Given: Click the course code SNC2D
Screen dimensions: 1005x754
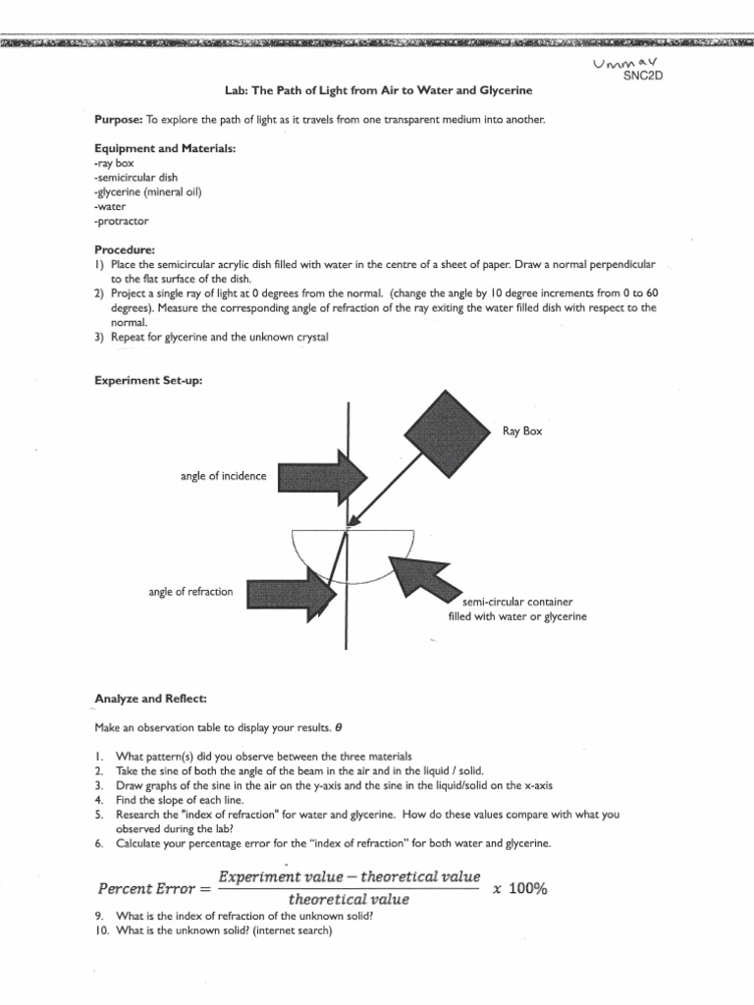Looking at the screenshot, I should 644,78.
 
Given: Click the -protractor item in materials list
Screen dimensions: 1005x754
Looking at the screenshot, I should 123,221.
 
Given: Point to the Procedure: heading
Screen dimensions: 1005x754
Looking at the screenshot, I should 125,249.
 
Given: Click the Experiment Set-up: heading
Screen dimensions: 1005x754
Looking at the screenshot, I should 148,380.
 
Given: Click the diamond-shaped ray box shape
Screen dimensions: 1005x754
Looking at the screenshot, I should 447,431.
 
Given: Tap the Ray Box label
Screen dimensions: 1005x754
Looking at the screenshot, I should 521,431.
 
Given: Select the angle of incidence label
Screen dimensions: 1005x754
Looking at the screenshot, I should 223,476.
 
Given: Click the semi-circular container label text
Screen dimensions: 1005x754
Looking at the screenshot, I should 516,608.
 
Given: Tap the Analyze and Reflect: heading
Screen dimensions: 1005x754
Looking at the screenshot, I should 150,698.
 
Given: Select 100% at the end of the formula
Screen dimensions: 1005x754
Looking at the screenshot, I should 527,888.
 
